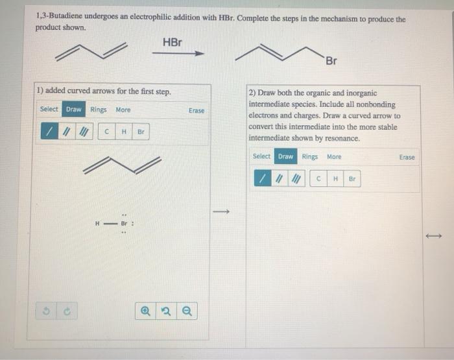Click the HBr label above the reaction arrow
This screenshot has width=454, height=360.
tap(172, 42)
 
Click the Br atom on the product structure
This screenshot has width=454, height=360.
tap(331, 62)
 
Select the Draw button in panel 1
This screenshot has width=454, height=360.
tap(74, 110)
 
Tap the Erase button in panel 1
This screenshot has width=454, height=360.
tap(196, 111)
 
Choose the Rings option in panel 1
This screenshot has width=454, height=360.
tap(99, 110)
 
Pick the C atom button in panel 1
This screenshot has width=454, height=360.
tap(107, 132)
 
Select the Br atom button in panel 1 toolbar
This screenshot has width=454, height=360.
tap(141, 132)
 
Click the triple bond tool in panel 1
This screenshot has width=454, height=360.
tap(82, 132)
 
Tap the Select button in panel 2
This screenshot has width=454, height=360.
tap(261, 156)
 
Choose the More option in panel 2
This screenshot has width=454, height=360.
tap(334, 156)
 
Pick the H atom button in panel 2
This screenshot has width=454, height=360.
tap(335, 178)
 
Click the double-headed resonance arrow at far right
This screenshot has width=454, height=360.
tap(433, 236)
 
